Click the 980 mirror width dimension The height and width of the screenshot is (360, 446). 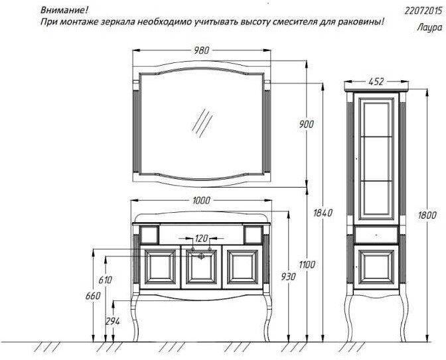tap(201, 50)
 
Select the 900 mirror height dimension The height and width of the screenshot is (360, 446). tap(307, 124)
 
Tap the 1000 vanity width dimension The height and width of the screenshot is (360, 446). tap(201, 200)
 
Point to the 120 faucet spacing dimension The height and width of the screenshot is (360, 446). tap(201, 238)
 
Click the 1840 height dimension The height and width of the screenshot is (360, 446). tap(323, 213)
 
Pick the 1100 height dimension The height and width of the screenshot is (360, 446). tap(307, 265)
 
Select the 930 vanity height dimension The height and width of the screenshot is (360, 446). tap(288, 276)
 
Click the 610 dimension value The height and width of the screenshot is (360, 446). tap(106, 280)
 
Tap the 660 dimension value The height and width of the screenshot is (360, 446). tap(93, 296)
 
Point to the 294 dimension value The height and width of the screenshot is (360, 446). tap(113, 322)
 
